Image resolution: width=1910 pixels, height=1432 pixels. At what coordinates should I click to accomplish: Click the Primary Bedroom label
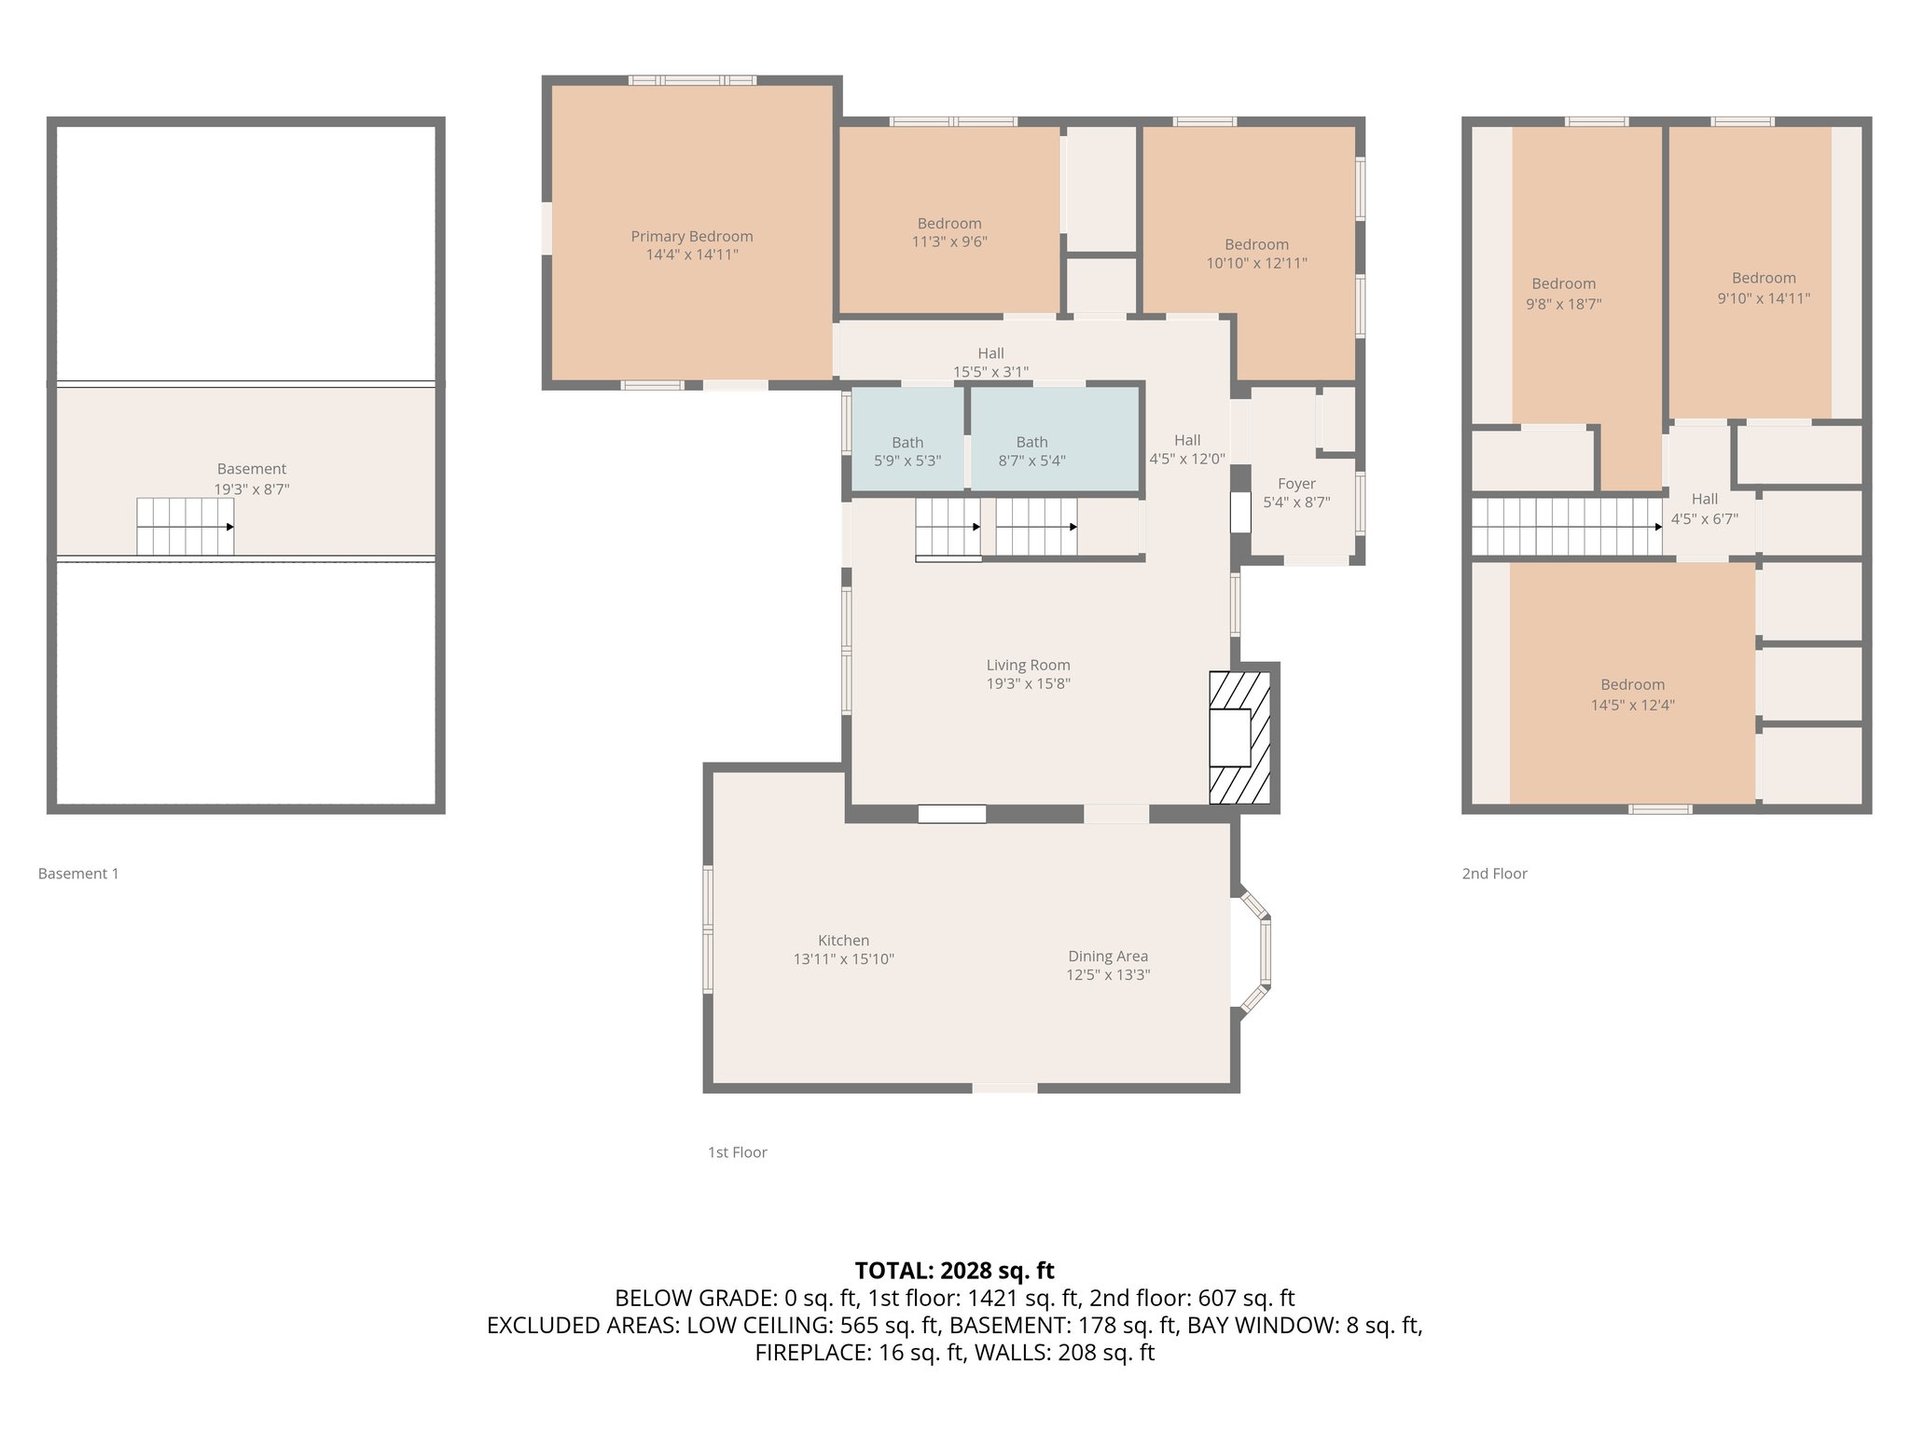[691, 237]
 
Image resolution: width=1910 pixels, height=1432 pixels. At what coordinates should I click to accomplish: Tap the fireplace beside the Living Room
[1239, 737]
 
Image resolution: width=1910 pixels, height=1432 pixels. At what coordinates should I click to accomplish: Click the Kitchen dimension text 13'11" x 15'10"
[843, 958]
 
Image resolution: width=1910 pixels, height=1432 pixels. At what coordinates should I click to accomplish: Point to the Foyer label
[1295, 484]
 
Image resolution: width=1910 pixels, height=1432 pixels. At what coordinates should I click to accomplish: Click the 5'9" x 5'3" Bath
[907, 451]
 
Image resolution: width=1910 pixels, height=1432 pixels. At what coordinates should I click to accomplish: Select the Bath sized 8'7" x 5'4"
[1031, 451]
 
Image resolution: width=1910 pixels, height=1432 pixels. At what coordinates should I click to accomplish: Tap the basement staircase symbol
[185, 527]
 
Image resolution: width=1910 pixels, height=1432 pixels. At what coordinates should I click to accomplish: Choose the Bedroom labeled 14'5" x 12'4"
[1632, 695]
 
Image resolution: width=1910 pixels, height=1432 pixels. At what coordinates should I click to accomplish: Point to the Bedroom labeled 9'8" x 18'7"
[1563, 293]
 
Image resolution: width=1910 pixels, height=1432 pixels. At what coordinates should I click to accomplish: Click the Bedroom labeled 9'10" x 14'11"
[1763, 287]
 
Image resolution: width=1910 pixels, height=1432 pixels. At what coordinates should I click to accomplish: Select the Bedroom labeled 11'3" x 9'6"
[948, 232]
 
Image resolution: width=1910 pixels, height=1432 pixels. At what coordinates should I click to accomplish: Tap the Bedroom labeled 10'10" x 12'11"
[1256, 254]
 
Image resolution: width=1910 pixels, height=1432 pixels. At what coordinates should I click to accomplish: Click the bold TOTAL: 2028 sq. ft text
[954, 1270]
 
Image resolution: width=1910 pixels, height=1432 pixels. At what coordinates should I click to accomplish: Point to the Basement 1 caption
[78, 874]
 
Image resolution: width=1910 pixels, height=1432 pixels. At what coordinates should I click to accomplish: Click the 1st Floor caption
[737, 1152]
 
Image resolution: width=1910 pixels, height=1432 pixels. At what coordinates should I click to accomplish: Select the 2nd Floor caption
[1494, 874]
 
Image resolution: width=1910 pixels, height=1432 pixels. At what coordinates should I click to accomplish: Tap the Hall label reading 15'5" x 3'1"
[990, 362]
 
